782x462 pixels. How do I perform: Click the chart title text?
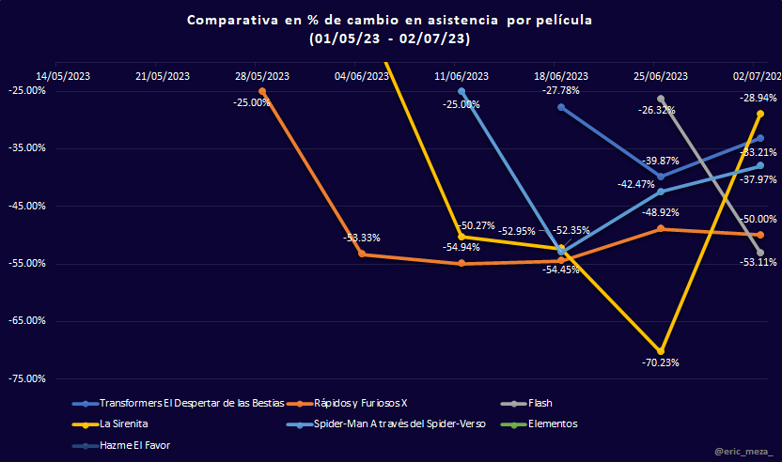390,29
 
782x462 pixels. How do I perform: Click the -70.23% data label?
661,362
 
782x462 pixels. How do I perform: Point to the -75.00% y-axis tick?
27,378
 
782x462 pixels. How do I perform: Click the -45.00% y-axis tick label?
27,206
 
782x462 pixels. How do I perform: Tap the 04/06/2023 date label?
362,76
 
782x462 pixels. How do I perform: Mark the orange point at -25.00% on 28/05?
262,91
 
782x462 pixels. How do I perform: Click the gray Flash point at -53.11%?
760,253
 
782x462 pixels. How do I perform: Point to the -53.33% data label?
362,238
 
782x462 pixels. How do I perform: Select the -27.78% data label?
561,91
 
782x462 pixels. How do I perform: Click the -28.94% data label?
758,98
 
